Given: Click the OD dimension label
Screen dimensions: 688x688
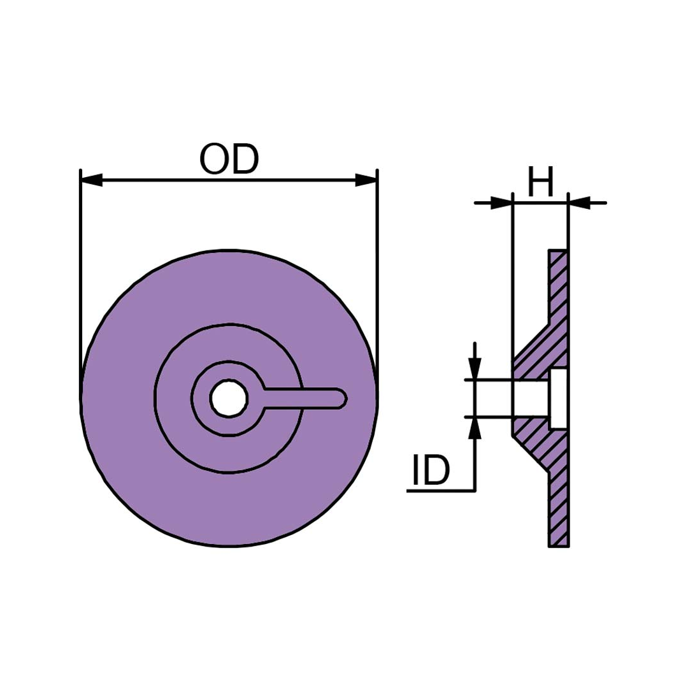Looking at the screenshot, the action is click(x=229, y=159).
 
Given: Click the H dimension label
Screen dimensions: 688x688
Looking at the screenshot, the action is click(x=541, y=181).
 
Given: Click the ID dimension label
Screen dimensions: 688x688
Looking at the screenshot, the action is click(x=431, y=469).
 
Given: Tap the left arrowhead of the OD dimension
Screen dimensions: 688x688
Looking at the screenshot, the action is click(x=92, y=180).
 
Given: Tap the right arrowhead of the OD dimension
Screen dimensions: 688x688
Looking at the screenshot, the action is click(x=366, y=180).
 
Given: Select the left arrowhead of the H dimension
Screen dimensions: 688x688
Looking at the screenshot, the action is click(x=501, y=203).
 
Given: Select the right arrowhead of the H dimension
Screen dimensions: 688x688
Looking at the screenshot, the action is click(x=579, y=203).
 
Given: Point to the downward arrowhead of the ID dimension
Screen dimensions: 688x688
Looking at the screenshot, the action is click(x=475, y=369).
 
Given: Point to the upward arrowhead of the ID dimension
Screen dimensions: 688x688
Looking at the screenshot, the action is click(x=475, y=428).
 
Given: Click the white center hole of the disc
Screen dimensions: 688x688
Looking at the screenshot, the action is click(x=229, y=398).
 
